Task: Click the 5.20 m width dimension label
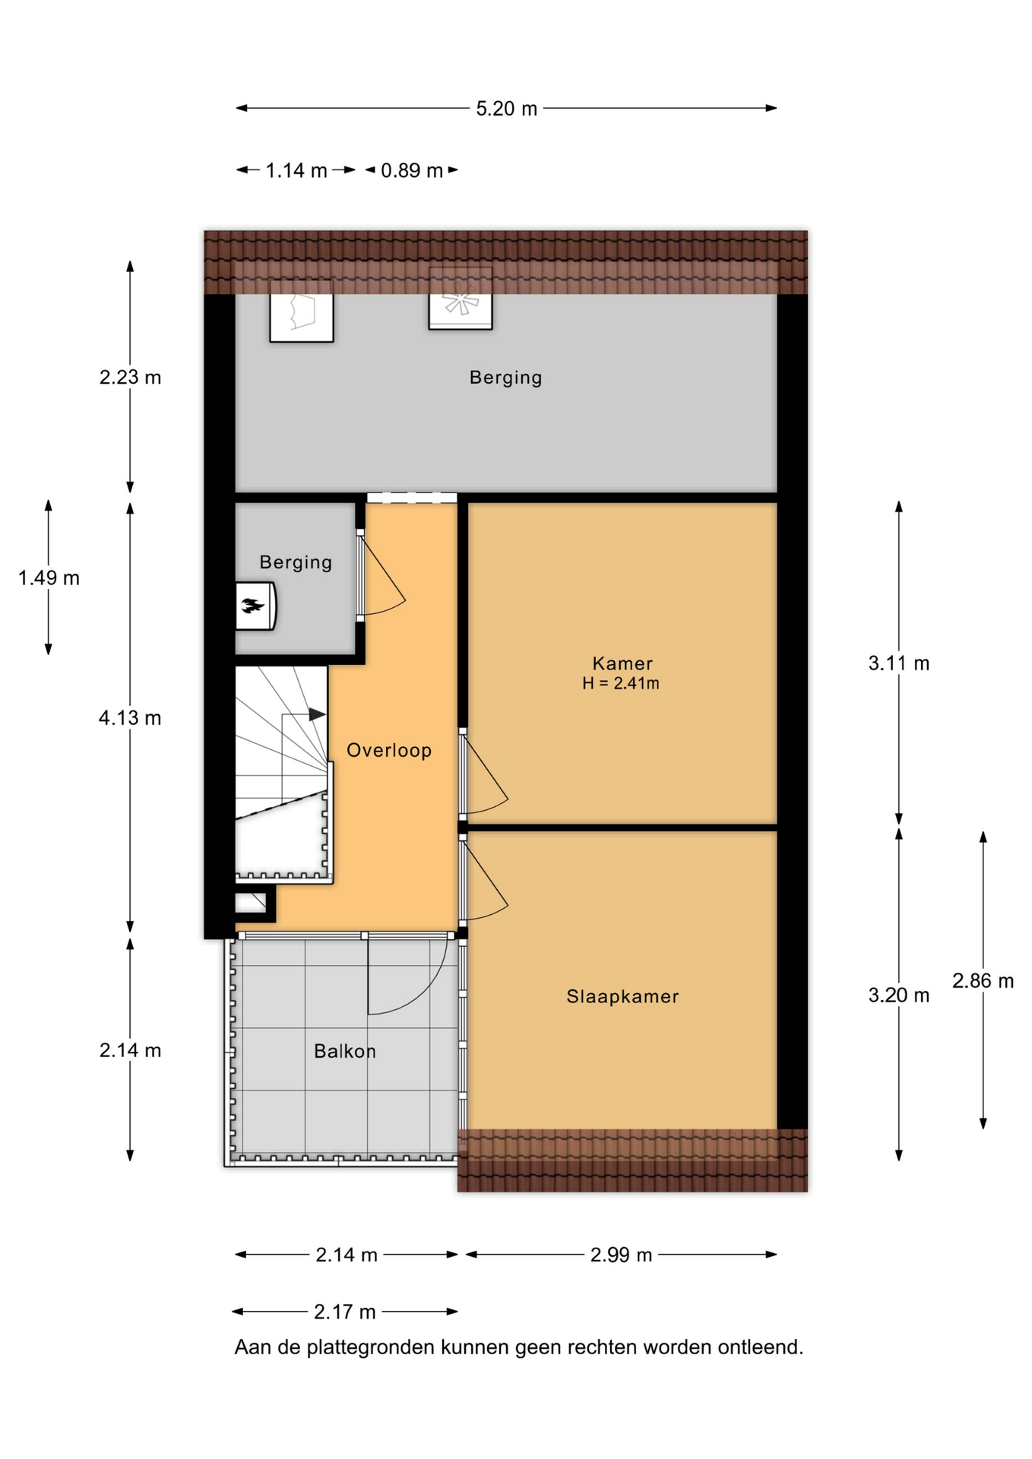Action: coord(506,109)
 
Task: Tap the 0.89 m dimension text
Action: coord(411,170)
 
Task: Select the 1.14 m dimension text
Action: coord(296,170)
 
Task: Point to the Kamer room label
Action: coord(622,663)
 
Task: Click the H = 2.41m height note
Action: coord(621,683)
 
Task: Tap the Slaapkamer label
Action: coord(622,996)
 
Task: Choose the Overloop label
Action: coord(389,750)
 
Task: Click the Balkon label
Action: coord(345,1051)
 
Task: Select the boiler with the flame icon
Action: coord(255,606)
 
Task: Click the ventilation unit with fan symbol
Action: coord(461,299)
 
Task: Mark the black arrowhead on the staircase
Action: coord(317,714)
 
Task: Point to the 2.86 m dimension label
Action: coord(983,981)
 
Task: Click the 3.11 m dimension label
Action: coord(898,663)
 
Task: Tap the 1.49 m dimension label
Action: coord(49,578)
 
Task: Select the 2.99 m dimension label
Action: coord(621,1255)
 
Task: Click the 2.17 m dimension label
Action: coord(345,1312)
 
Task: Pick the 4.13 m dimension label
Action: coord(130,718)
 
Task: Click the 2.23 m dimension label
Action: coord(130,378)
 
